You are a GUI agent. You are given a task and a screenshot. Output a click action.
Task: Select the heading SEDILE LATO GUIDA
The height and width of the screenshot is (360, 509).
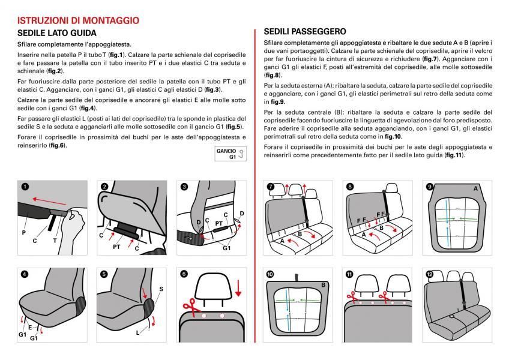click(x=57, y=33)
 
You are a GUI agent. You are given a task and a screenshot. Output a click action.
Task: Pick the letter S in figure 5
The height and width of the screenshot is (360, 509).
click(x=161, y=289)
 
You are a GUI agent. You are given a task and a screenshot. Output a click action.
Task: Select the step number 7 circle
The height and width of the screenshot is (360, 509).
click(x=271, y=187)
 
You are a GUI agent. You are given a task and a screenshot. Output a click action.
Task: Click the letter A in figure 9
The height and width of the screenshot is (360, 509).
click(x=475, y=188)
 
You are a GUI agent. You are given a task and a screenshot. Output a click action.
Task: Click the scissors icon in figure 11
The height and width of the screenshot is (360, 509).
click(x=350, y=296)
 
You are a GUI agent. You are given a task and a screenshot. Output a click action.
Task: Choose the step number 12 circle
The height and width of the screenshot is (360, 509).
click(x=429, y=274)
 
